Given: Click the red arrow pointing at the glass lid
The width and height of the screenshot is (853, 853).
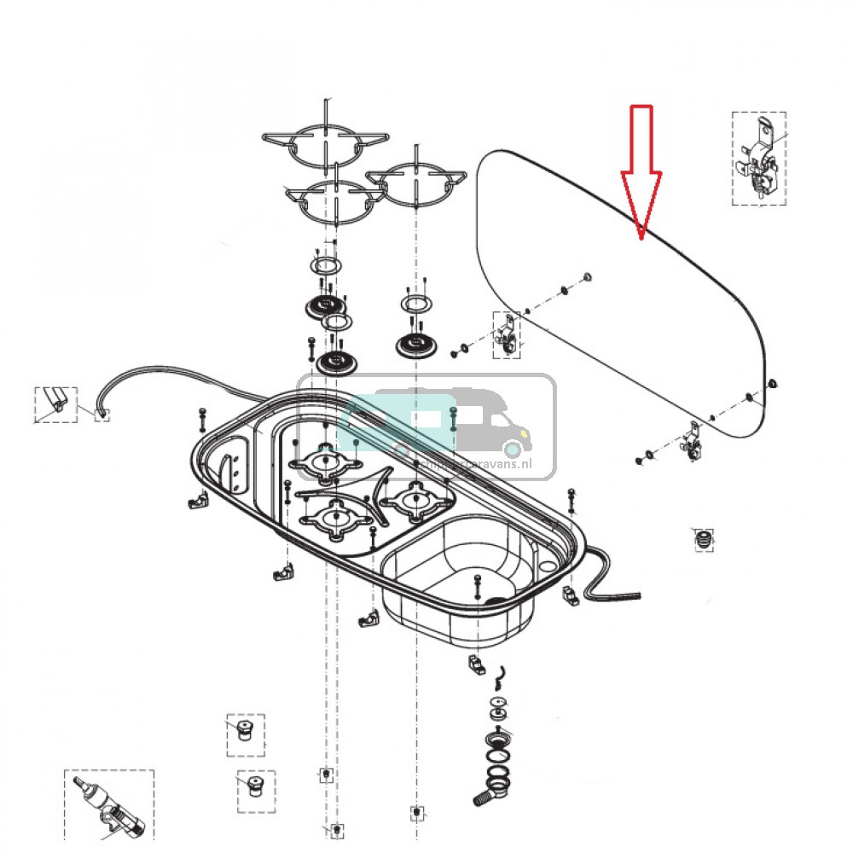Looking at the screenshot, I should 641,170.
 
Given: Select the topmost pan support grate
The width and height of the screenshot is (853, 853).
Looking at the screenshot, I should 324,146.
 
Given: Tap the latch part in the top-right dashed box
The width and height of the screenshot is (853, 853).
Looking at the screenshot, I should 759,159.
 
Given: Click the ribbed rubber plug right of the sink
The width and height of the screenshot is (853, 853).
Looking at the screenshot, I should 703,539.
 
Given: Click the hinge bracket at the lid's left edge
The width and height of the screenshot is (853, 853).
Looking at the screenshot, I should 507,334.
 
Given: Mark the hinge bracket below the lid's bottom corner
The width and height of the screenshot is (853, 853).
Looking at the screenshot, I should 690,444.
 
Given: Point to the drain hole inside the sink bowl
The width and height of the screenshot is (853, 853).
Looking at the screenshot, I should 493,600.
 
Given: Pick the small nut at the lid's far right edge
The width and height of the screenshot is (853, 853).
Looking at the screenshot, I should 772,383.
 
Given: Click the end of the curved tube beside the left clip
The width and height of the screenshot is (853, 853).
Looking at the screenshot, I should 102,415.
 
